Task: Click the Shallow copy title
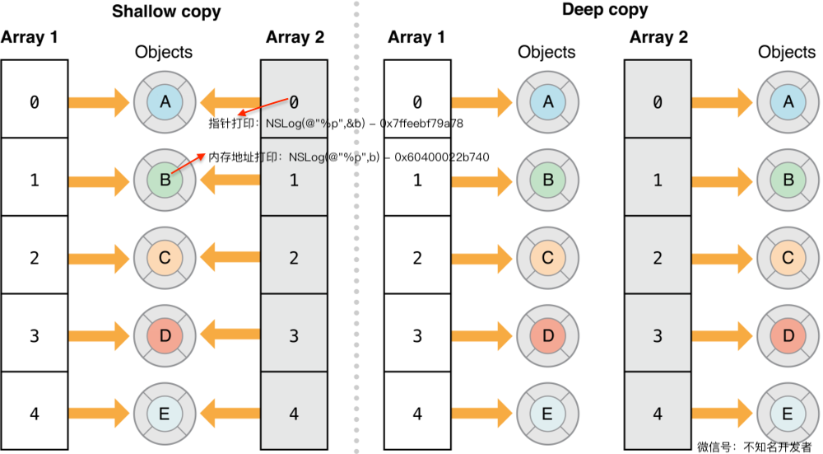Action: click(x=166, y=12)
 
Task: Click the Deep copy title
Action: click(x=605, y=10)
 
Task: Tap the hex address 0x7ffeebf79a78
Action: click(x=421, y=124)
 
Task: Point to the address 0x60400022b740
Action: click(x=442, y=157)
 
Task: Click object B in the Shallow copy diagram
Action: click(x=165, y=180)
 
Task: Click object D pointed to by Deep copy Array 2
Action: click(x=788, y=335)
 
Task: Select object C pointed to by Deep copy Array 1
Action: click(x=548, y=257)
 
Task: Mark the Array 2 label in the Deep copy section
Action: click(x=658, y=37)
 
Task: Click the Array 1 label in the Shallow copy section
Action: click(x=30, y=37)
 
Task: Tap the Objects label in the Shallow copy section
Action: click(x=164, y=52)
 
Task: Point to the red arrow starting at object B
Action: click(x=188, y=163)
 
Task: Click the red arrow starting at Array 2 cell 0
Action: click(x=263, y=105)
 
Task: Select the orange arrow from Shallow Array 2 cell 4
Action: click(x=230, y=414)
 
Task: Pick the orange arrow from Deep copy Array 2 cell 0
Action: click(x=723, y=102)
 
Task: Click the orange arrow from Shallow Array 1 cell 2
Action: click(x=99, y=257)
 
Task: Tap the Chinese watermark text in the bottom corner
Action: click(x=755, y=447)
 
